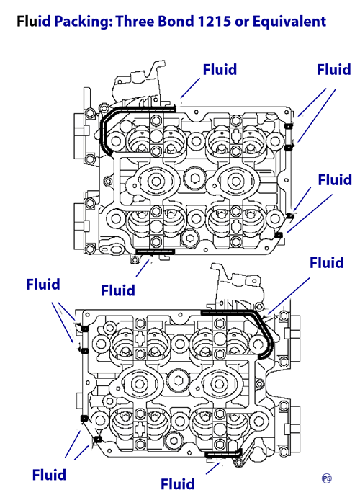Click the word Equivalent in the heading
pyautogui.click(x=289, y=22)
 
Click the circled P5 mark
pyautogui.click(x=327, y=478)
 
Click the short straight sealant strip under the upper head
pyautogui.click(x=155, y=251)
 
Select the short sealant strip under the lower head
pyautogui.click(x=223, y=453)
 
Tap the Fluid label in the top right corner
pyautogui.click(x=334, y=69)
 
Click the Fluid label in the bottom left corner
pyautogui.click(x=49, y=475)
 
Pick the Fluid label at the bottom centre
pyautogui.click(x=178, y=483)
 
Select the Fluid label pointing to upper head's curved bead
pyautogui.click(x=220, y=69)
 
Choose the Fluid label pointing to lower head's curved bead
pyautogui.click(x=327, y=263)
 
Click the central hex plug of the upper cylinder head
pyautogui.click(x=195, y=177)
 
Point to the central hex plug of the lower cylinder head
pyautogui.click(x=178, y=379)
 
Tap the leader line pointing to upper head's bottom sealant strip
pyautogui.click(x=143, y=268)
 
